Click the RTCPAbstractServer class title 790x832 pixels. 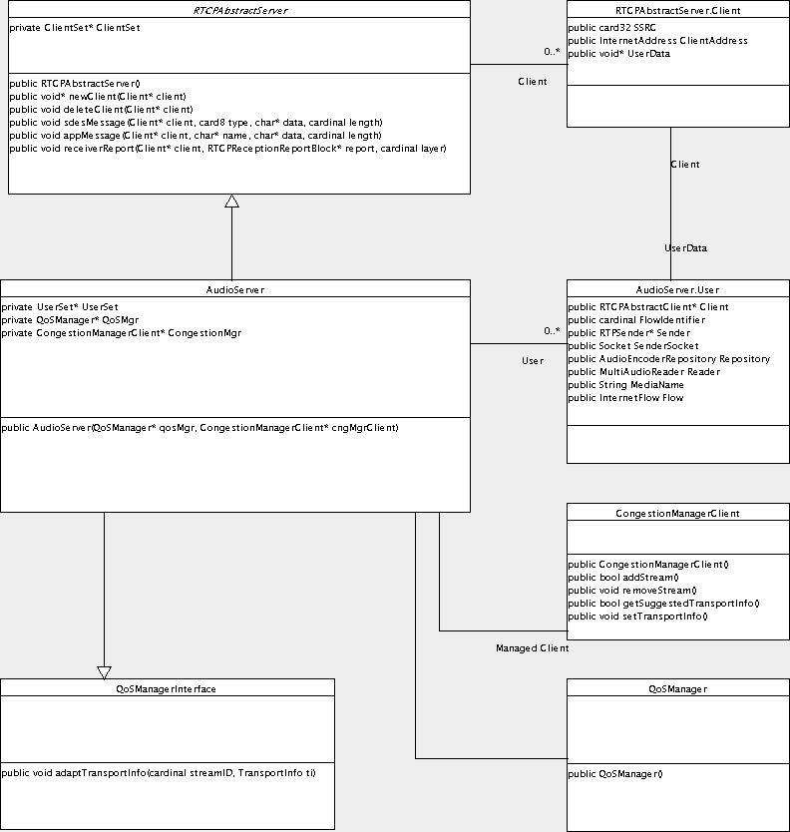[x=239, y=10]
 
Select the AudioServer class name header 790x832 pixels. [x=235, y=289]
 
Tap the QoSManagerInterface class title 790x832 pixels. [x=166, y=688]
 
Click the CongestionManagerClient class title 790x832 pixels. [x=677, y=513]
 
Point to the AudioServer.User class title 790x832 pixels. [x=677, y=289]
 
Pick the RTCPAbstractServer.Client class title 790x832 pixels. [x=677, y=10]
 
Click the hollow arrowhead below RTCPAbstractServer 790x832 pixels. [x=231, y=201]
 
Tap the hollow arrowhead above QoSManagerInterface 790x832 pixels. [x=104, y=672]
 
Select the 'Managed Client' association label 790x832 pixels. [x=532, y=647]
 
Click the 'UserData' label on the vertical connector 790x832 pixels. [x=685, y=247]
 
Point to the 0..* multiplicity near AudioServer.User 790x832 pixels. [x=552, y=330]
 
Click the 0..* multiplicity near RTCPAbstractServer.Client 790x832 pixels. [x=552, y=52]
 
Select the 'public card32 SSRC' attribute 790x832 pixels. [x=611, y=28]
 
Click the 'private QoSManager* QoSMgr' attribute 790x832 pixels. [x=70, y=320]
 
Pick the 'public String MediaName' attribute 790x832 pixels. [x=625, y=385]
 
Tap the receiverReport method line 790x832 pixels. [x=227, y=149]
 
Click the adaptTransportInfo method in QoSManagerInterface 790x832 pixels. [x=159, y=772]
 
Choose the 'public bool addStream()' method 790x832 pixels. [x=623, y=578]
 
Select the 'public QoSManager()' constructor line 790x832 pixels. [x=615, y=773]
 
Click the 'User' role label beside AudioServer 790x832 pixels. [x=533, y=361]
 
